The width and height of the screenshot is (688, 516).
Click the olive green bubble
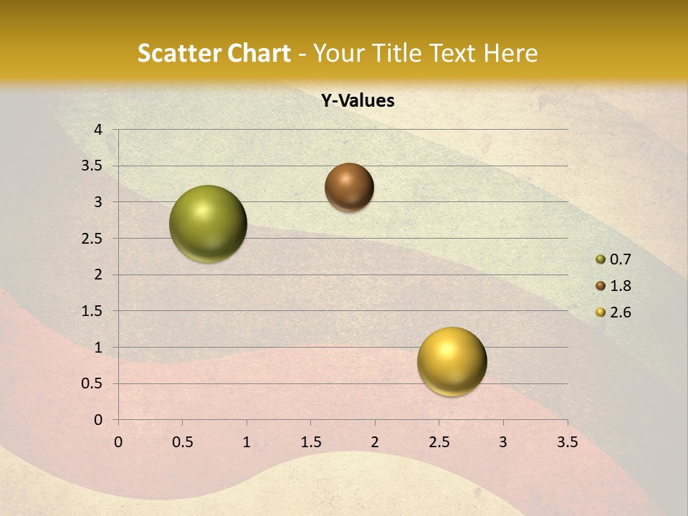[x=208, y=224]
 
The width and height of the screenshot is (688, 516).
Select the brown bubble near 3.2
[x=349, y=187]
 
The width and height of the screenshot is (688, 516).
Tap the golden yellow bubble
[x=451, y=361]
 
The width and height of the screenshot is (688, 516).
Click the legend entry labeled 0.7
[x=614, y=259]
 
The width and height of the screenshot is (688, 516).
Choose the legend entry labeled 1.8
[x=614, y=286]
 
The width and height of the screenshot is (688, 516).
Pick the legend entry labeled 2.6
[x=614, y=312]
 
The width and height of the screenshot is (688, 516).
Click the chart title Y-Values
[x=357, y=101]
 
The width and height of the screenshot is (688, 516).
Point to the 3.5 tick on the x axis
[x=567, y=442]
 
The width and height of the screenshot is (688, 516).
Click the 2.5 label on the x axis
[x=439, y=442]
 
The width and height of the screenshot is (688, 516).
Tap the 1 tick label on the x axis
[x=247, y=442]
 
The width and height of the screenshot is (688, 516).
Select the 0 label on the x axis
[x=118, y=442]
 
